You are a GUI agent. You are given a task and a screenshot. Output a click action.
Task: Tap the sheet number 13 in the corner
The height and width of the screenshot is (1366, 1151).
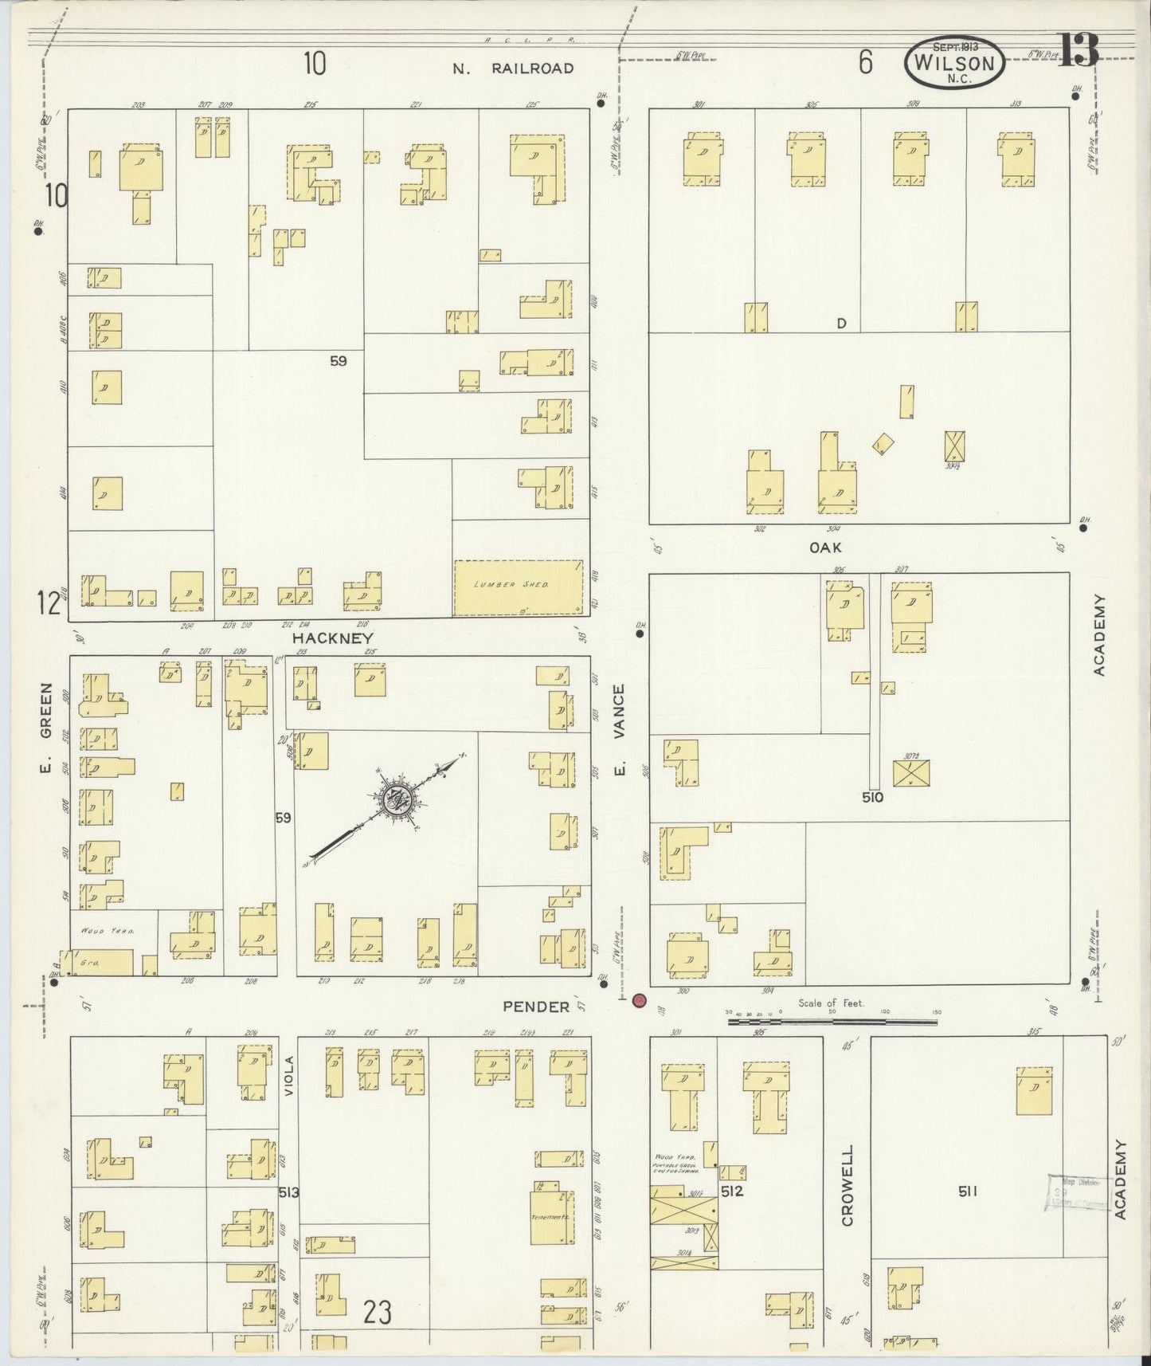point(1079,49)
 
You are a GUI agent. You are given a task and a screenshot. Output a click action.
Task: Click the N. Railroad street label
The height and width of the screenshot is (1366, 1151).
point(513,68)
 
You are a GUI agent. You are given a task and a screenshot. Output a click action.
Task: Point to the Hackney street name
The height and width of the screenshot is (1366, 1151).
point(332,638)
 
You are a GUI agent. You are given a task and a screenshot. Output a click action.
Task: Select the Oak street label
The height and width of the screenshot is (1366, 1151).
point(825,548)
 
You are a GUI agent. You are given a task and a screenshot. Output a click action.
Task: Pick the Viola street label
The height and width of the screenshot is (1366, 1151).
point(289,1077)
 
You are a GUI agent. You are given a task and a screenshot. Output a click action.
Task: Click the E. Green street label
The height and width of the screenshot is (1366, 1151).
point(45,728)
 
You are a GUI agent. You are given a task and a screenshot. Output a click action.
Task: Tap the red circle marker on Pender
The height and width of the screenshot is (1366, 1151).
point(638,1001)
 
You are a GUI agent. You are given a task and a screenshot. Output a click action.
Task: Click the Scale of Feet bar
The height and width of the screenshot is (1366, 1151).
point(832,1021)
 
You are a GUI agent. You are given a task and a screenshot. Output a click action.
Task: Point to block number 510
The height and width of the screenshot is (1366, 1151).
point(872,796)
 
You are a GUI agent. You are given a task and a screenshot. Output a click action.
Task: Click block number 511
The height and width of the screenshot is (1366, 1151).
point(968,1191)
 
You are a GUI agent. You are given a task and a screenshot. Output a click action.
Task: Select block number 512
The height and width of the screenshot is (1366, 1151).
point(732,1192)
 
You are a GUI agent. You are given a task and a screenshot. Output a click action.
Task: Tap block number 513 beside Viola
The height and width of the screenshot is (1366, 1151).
point(288,1192)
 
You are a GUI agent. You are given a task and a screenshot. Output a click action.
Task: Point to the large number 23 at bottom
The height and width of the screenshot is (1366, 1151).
point(378,1311)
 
